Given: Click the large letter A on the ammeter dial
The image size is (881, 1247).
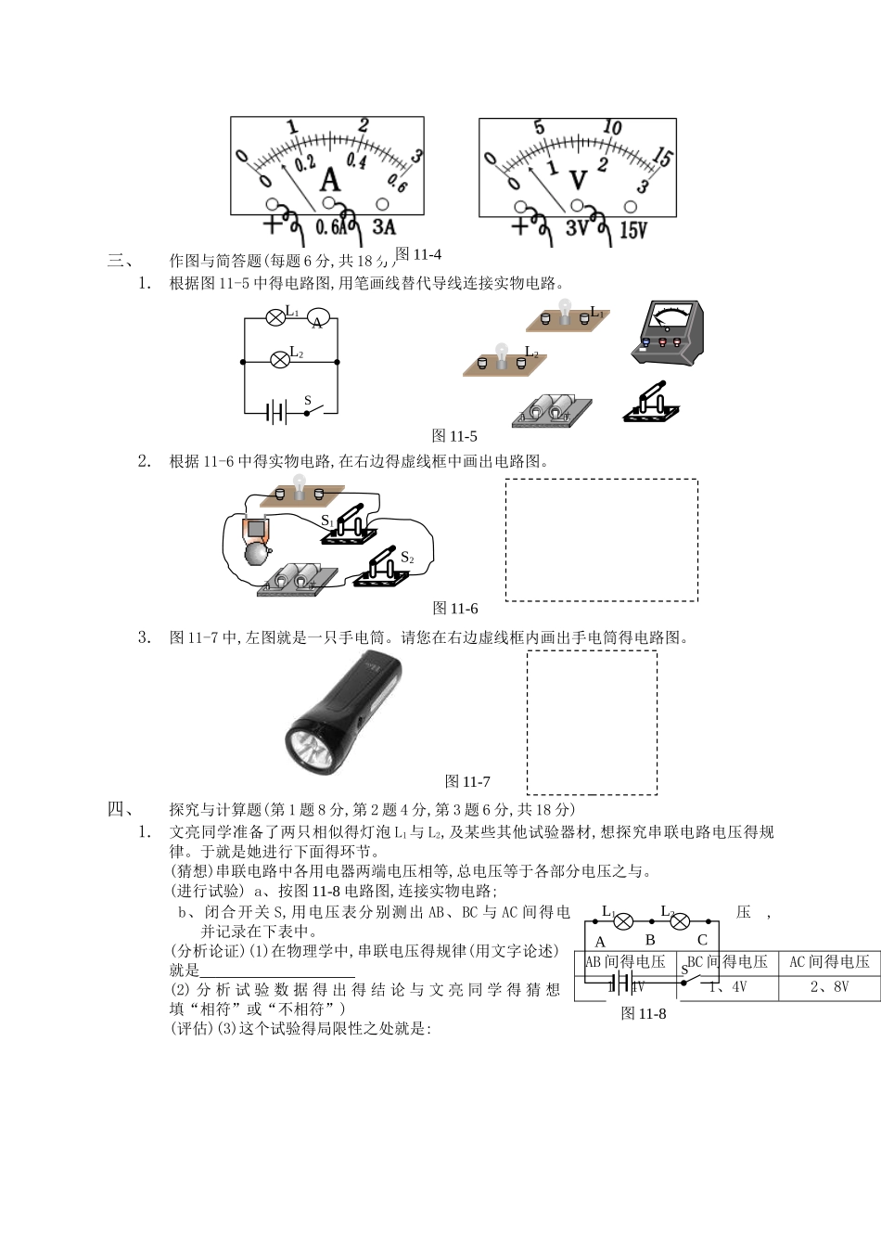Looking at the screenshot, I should pos(330,179).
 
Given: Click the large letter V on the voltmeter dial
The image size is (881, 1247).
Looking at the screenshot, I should pos(578,180).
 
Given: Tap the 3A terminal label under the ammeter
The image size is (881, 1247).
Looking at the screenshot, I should pos(383,227).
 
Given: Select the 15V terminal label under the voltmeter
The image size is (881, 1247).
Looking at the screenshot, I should pos(632,229).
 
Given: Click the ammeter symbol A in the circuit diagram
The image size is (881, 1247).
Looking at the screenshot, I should pos(318,321).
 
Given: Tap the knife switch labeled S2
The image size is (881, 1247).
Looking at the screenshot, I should pos(380,569).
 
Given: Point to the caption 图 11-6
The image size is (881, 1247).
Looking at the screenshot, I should pos(455,609).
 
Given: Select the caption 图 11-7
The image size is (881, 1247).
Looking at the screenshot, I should pos(467,781).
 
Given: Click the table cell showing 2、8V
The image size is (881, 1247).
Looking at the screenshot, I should pos(829,987).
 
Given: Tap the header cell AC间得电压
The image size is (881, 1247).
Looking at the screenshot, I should pos(829,962).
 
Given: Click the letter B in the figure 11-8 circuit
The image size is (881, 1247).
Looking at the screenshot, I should pos(650,940).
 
